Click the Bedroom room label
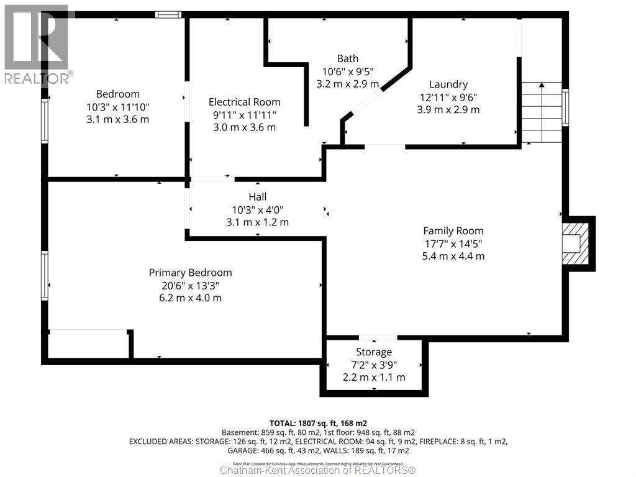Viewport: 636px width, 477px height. tap(117, 94)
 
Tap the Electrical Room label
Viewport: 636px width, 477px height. tap(244, 102)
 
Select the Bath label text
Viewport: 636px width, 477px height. tap(348, 58)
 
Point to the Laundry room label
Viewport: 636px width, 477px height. tap(448, 84)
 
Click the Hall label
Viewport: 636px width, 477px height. tap(257, 197)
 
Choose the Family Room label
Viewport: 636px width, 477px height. tap(453, 231)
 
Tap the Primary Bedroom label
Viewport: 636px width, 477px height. tap(190, 273)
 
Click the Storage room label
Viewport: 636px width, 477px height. tap(374, 352)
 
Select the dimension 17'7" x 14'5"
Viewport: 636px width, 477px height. tap(453, 243)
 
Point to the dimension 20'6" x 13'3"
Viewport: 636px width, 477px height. tap(190, 286)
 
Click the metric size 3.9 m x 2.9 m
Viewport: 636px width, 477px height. tap(448, 109)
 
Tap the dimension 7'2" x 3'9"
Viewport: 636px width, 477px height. tap(374, 365)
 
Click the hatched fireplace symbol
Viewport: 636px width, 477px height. tap(575, 243)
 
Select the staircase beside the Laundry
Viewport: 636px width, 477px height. tap(541, 112)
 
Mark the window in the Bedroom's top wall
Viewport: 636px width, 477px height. tap(168, 15)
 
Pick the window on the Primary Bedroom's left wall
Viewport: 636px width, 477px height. tap(45, 275)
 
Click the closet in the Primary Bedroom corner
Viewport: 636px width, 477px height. tap(89, 343)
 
